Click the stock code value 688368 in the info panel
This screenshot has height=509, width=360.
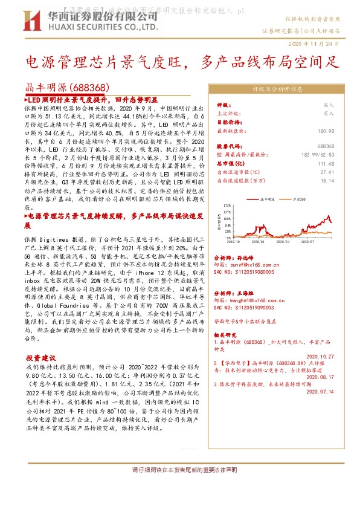pyautogui.click(x=326, y=146)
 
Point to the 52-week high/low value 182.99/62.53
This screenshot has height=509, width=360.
pyautogui.click(x=319, y=155)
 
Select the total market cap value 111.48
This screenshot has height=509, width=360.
pyautogui.click(x=326, y=163)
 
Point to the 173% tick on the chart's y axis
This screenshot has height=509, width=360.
pyautogui.click(x=227, y=205)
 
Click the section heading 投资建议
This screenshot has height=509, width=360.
pyautogui.click(x=42, y=358)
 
